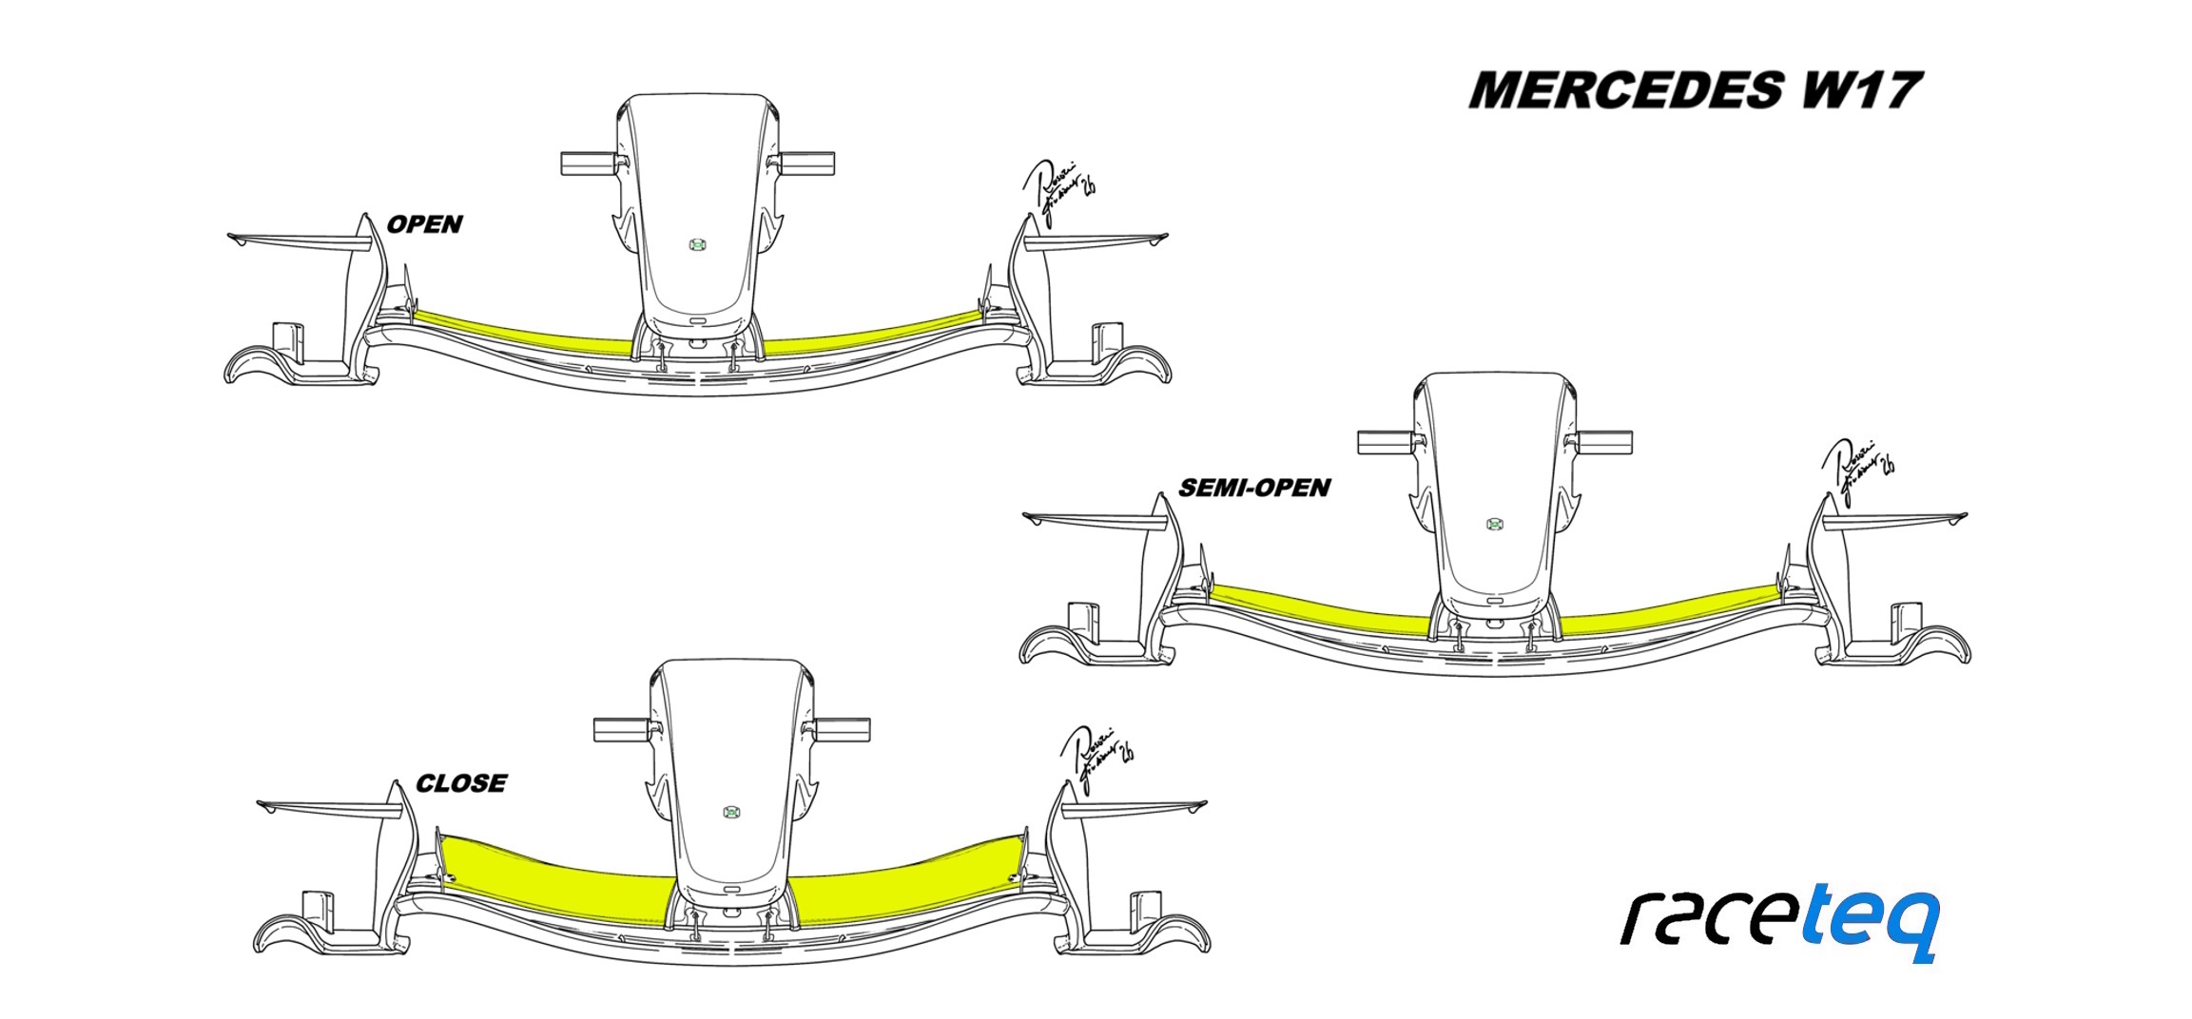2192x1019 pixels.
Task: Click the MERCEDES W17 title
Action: pos(1695,90)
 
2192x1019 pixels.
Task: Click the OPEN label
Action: pos(424,224)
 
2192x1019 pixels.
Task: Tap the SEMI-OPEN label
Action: pos(1253,488)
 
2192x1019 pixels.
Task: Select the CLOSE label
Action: pos(461,783)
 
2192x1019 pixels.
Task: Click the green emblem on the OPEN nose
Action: pos(697,245)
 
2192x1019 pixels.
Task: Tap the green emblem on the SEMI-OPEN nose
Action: pos(1494,524)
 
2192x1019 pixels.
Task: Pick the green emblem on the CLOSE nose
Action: pos(731,812)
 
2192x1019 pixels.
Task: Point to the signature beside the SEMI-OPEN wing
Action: pos(1857,469)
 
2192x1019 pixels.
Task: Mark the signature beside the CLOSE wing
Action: pos(1098,757)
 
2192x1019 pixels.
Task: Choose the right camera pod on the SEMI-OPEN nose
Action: pos(1604,441)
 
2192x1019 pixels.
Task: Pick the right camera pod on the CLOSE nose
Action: pos(842,729)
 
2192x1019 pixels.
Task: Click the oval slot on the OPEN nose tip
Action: pos(697,321)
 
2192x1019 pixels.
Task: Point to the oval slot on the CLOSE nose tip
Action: pos(731,888)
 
